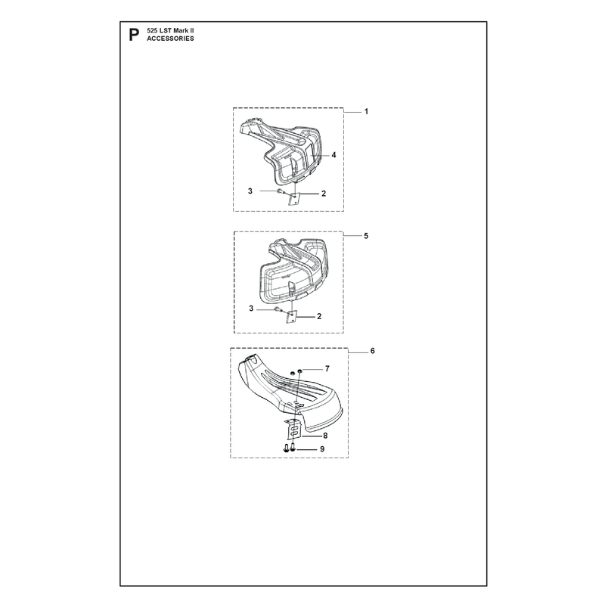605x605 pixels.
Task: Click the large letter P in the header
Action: tap(134, 35)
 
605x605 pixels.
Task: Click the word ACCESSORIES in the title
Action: tap(170, 39)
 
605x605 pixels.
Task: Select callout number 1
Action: tap(366, 111)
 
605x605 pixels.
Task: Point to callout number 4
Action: tap(334, 155)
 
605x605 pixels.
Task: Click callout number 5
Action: tap(366, 236)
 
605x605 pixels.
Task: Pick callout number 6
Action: tap(372, 351)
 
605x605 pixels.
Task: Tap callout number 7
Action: tap(327, 369)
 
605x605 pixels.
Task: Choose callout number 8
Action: tap(325, 436)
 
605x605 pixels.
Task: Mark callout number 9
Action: tap(322, 449)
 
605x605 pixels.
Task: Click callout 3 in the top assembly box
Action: tap(250, 191)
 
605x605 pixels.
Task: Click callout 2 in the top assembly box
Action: tap(324, 194)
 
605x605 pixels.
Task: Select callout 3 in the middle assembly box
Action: tap(251, 309)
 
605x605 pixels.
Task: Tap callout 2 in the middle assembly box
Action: tap(319, 316)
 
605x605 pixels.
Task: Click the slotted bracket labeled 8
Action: tap(293, 429)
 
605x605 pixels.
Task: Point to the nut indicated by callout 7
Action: tap(299, 371)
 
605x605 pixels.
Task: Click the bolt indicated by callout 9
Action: tap(293, 448)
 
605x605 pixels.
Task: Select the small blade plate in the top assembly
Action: tap(293, 199)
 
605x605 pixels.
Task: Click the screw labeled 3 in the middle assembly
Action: tap(278, 309)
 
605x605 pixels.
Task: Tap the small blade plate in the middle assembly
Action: tap(291, 317)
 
